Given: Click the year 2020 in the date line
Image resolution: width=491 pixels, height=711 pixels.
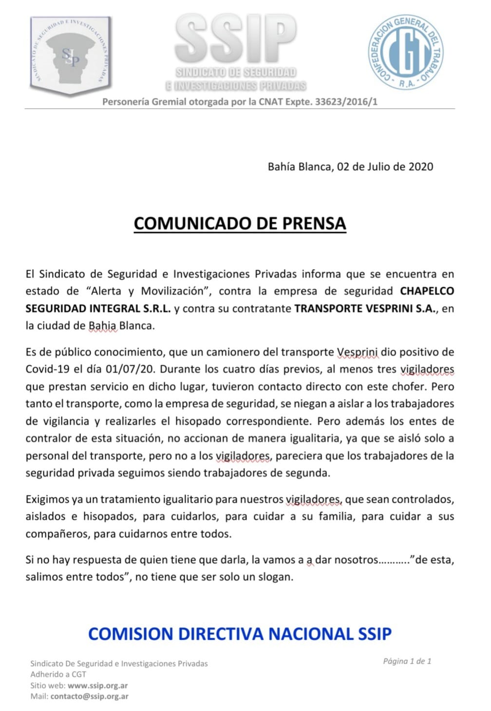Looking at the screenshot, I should tap(420, 166).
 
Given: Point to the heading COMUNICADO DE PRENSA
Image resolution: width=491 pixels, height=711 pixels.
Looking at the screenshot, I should tap(240, 223).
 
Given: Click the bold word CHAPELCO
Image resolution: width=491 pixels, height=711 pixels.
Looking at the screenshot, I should tap(427, 291).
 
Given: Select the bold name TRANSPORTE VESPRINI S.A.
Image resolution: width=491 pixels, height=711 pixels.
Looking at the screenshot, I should tap(365, 309).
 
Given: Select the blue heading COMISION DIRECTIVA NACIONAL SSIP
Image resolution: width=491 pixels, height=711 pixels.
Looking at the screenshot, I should tap(240, 633).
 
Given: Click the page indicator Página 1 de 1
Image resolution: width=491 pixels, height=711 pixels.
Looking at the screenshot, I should tap(407, 661).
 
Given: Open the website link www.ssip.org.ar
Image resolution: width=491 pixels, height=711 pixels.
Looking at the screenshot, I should tap(98, 685).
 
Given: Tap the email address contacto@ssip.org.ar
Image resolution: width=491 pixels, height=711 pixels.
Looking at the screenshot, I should tap(90, 696).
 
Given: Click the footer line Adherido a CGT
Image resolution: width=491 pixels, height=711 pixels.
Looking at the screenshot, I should tap(58, 674).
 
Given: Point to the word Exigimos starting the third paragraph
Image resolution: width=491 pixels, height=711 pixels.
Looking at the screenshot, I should tap(48, 499).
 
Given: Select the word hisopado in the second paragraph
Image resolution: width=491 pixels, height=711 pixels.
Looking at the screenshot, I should tap(198, 421).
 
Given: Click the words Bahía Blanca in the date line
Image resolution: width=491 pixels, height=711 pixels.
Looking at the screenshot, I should tap(299, 166).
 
